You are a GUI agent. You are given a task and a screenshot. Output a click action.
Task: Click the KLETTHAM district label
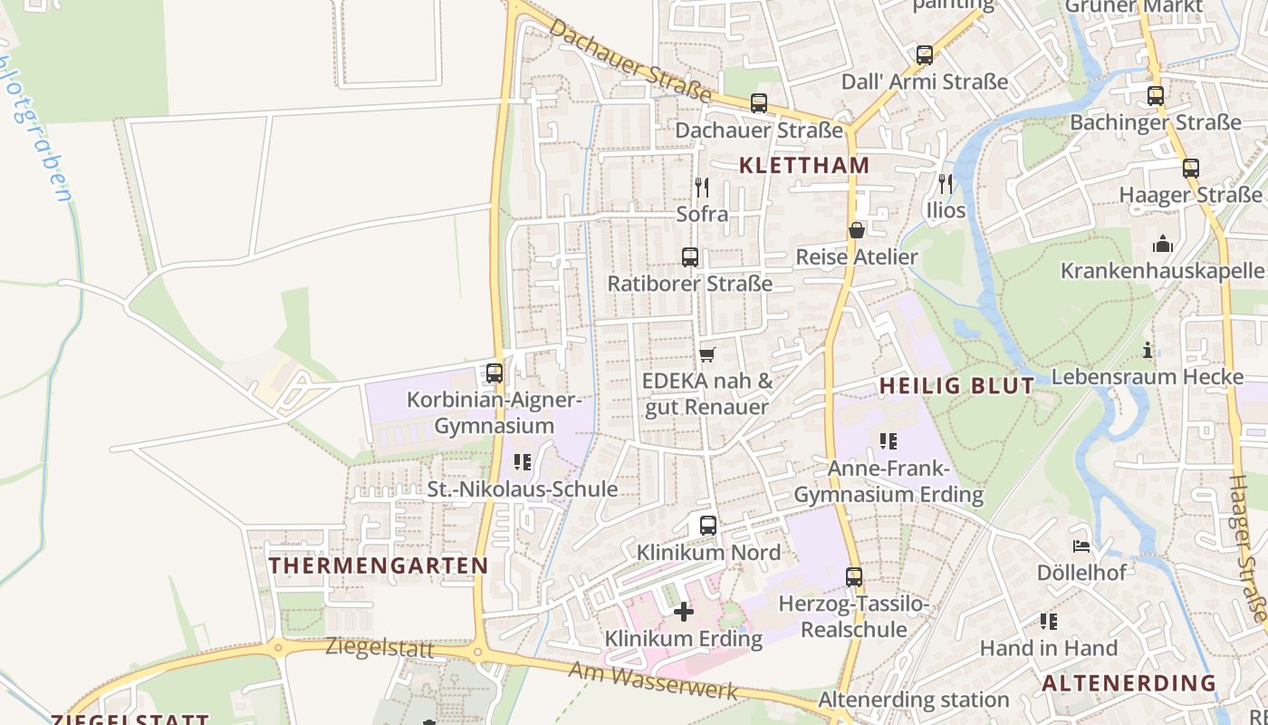(x=804, y=165)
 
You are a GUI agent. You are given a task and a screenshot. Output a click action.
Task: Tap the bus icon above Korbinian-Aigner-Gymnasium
(x=495, y=372)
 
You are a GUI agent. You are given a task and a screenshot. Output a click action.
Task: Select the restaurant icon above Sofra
(x=702, y=188)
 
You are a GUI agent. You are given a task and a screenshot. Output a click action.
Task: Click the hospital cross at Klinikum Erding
(x=684, y=612)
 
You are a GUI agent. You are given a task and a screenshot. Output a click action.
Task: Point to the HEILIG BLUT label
(x=956, y=385)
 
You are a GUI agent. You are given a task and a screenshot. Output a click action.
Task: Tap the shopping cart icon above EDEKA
(x=707, y=353)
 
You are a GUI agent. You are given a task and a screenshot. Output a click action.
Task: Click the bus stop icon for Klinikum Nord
(x=708, y=525)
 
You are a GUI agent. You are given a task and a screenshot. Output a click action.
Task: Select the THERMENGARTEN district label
(x=379, y=565)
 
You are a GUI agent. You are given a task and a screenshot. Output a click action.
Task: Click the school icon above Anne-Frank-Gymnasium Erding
(x=889, y=440)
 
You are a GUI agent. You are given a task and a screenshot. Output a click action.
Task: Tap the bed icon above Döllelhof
(x=1081, y=546)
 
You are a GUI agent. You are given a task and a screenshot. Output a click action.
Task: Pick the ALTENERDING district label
(x=1129, y=682)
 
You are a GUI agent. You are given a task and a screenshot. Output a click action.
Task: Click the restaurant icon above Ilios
(x=946, y=184)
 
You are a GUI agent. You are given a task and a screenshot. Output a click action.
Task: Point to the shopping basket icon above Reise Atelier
(x=856, y=230)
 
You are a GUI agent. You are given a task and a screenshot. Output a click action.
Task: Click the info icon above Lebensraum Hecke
(x=1148, y=350)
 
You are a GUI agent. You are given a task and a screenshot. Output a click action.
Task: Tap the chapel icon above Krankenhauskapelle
(x=1163, y=244)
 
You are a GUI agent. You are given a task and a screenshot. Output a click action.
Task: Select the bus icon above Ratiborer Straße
(x=690, y=257)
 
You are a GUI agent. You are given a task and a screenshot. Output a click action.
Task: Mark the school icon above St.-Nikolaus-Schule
(x=523, y=462)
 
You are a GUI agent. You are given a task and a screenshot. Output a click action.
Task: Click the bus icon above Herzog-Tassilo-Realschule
(x=854, y=576)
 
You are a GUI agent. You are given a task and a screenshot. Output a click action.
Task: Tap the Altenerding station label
(x=913, y=699)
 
